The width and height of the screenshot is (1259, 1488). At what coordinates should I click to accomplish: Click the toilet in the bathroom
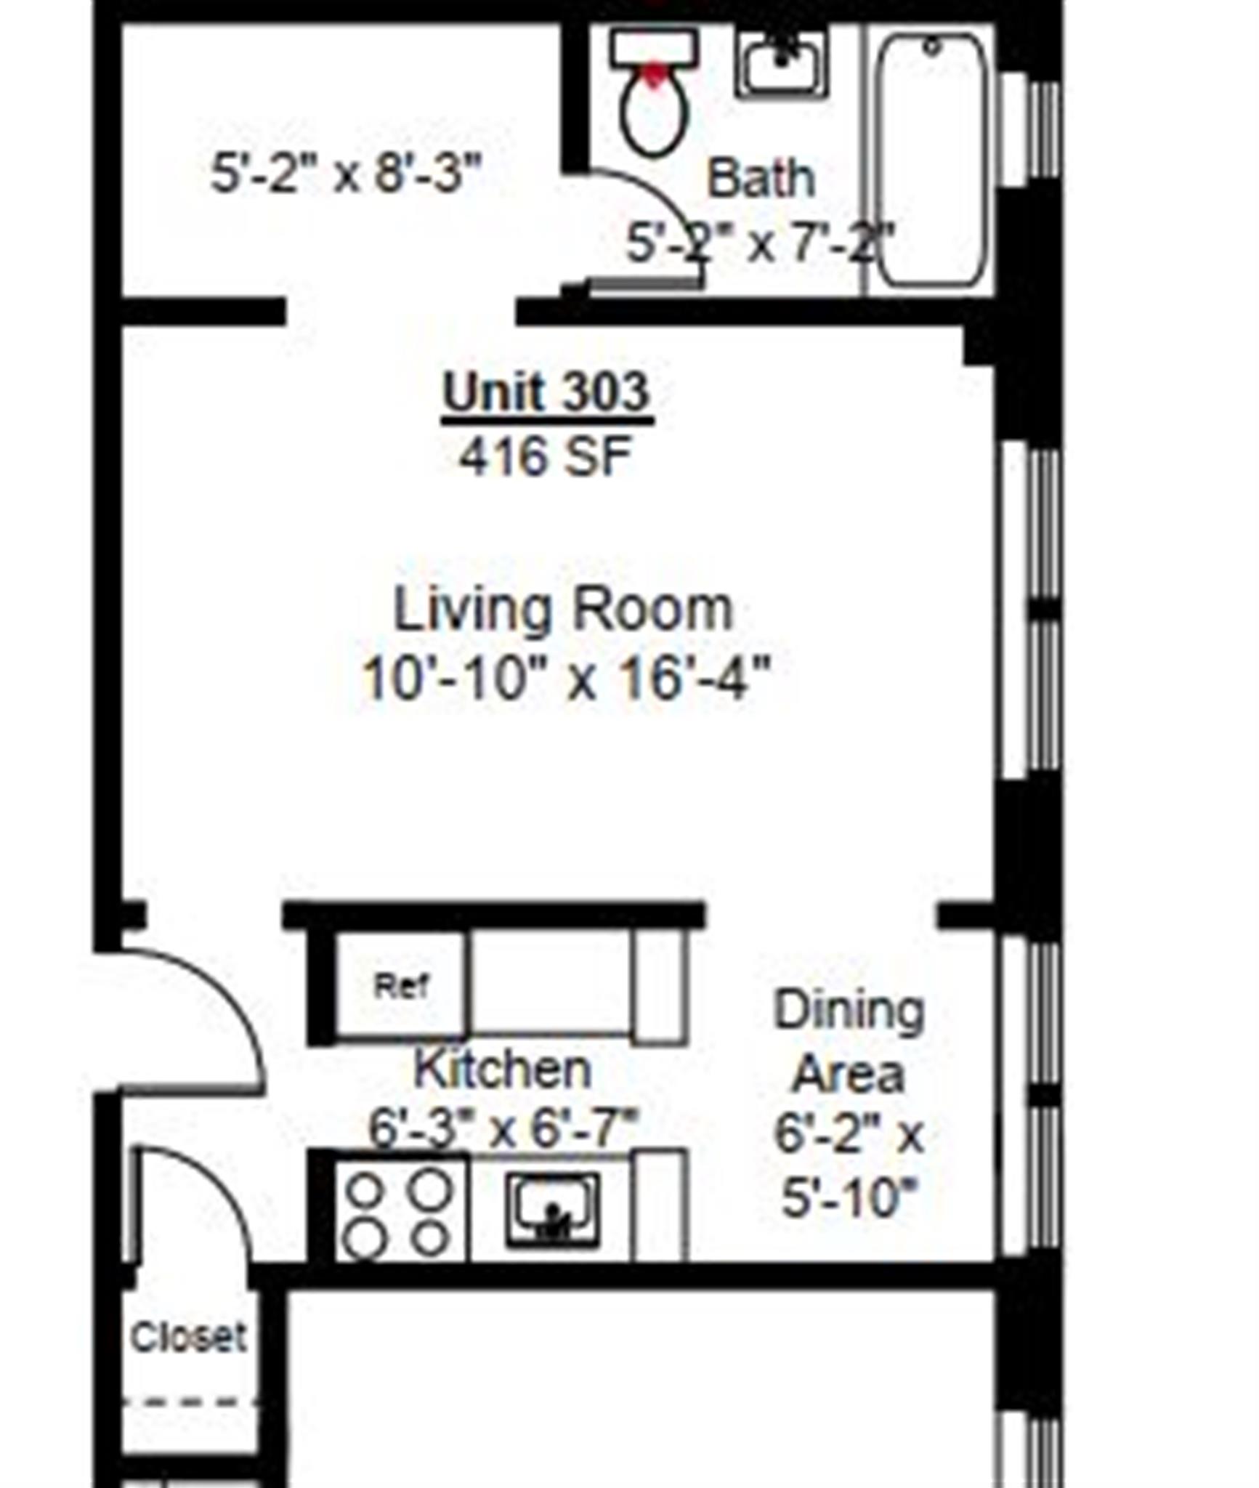coord(654,94)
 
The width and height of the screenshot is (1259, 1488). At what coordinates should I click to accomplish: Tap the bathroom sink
coord(780,63)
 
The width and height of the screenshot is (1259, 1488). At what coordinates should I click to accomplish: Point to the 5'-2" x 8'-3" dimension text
coord(346,174)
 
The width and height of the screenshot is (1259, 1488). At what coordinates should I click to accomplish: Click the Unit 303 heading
coord(546,392)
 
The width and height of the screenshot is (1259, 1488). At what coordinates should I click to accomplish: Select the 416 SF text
coord(546,456)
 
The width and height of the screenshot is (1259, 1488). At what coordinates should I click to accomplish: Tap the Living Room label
coord(563,610)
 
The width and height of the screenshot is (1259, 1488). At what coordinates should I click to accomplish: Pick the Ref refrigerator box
coord(400,986)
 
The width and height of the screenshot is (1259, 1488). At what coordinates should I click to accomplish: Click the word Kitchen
coord(503,1069)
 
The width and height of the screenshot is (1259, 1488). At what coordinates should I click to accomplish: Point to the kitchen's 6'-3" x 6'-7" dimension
coord(503,1128)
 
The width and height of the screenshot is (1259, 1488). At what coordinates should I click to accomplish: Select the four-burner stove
coord(398,1213)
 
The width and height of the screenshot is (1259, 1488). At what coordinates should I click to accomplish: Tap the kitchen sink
coord(554,1211)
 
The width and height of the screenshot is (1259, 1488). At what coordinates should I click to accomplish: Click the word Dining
coord(849,1010)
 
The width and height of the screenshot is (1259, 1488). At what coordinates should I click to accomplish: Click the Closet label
coord(188,1337)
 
